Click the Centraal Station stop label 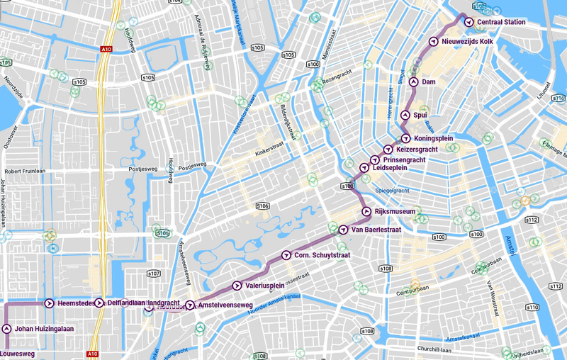tap(501, 23)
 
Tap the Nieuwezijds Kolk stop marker tap(433, 42)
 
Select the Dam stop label tap(429, 82)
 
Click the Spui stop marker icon tap(405, 115)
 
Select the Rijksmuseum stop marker tap(366, 212)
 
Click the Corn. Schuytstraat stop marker tap(286, 255)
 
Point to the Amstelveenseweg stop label tap(225, 305)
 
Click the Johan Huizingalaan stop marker tap(6, 329)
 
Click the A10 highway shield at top tap(106, 49)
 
